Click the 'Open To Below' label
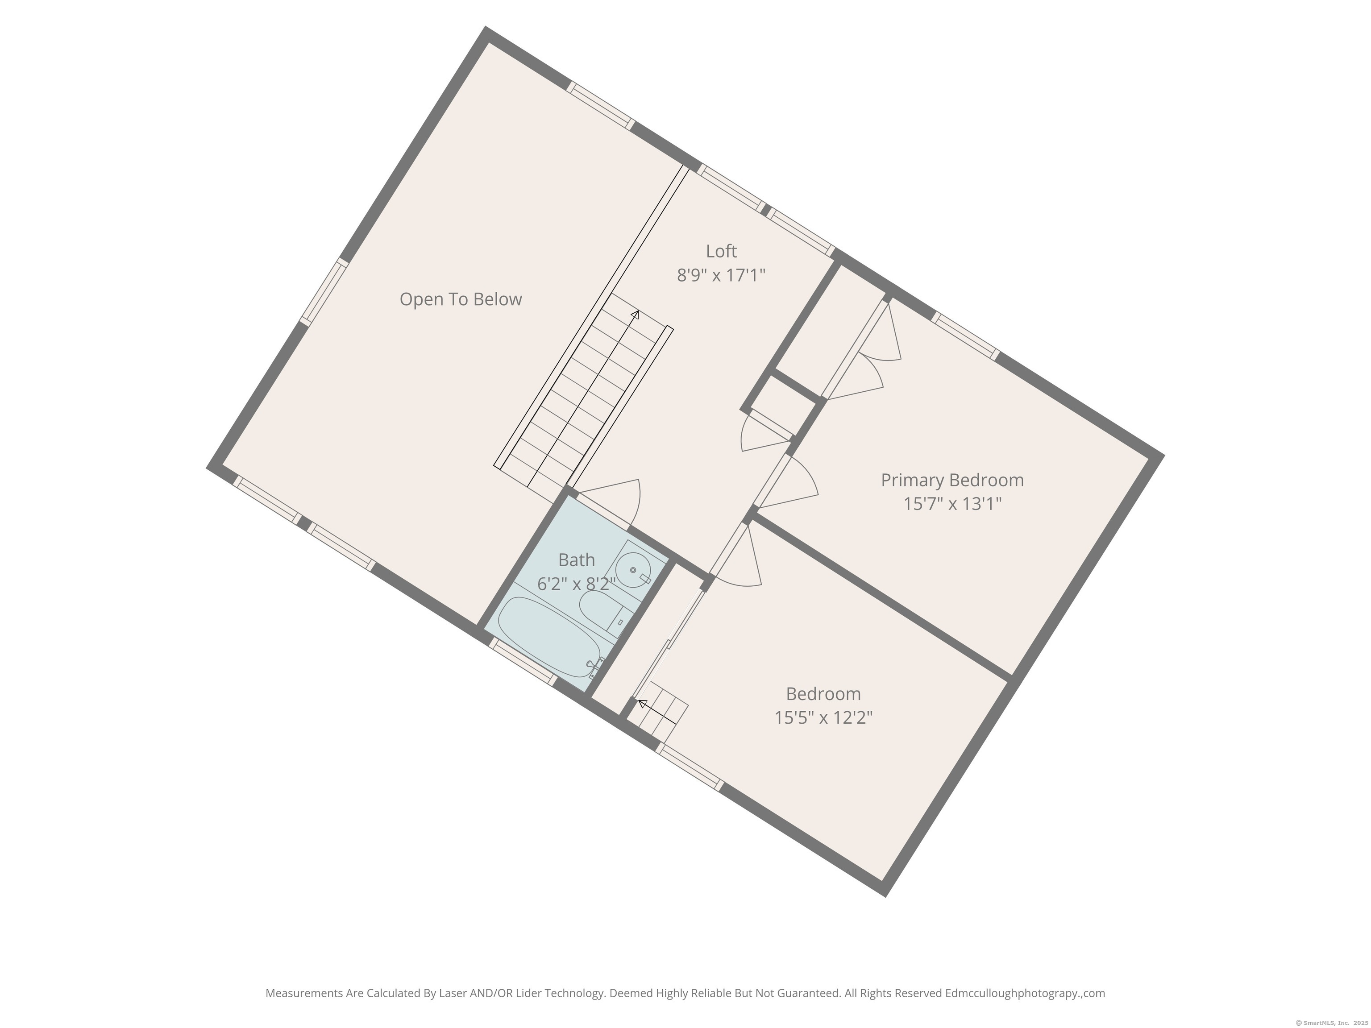click(x=461, y=299)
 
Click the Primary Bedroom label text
click(x=952, y=480)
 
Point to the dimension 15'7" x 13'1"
click(x=952, y=504)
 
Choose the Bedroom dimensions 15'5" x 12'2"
click(x=823, y=717)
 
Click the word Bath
click(x=577, y=560)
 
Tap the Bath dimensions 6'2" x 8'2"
click(x=577, y=584)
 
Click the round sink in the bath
click(x=633, y=569)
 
